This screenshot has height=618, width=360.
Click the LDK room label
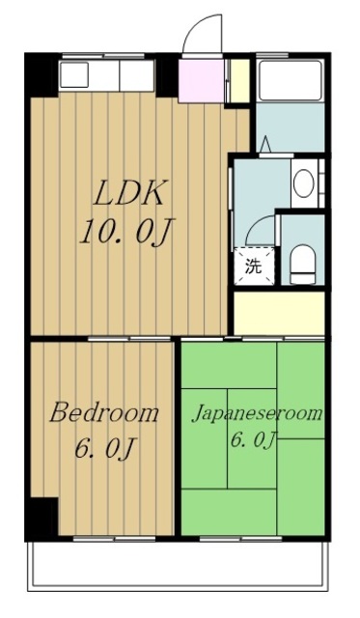[128, 192]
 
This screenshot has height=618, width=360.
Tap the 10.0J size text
[127, 232]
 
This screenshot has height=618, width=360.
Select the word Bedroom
[103, 413]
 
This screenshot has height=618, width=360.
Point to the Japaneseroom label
[257, 414]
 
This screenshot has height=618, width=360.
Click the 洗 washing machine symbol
[254, 267]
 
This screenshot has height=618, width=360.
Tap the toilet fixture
[303, 264]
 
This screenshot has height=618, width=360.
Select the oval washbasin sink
[304, 183]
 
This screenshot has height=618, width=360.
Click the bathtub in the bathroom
[291, 80]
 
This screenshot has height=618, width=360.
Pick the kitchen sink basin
[74, 75]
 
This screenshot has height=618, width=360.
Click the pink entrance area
[202, 80]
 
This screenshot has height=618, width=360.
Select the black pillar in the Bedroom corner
[43, 518]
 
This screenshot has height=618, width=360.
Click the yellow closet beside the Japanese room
[279, 313]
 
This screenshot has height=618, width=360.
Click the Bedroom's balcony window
[115, 538]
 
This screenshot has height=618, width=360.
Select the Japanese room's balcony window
[240, 538]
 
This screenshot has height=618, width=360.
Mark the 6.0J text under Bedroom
[105, 449]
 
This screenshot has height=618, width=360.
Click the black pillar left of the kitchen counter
[42, 75]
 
